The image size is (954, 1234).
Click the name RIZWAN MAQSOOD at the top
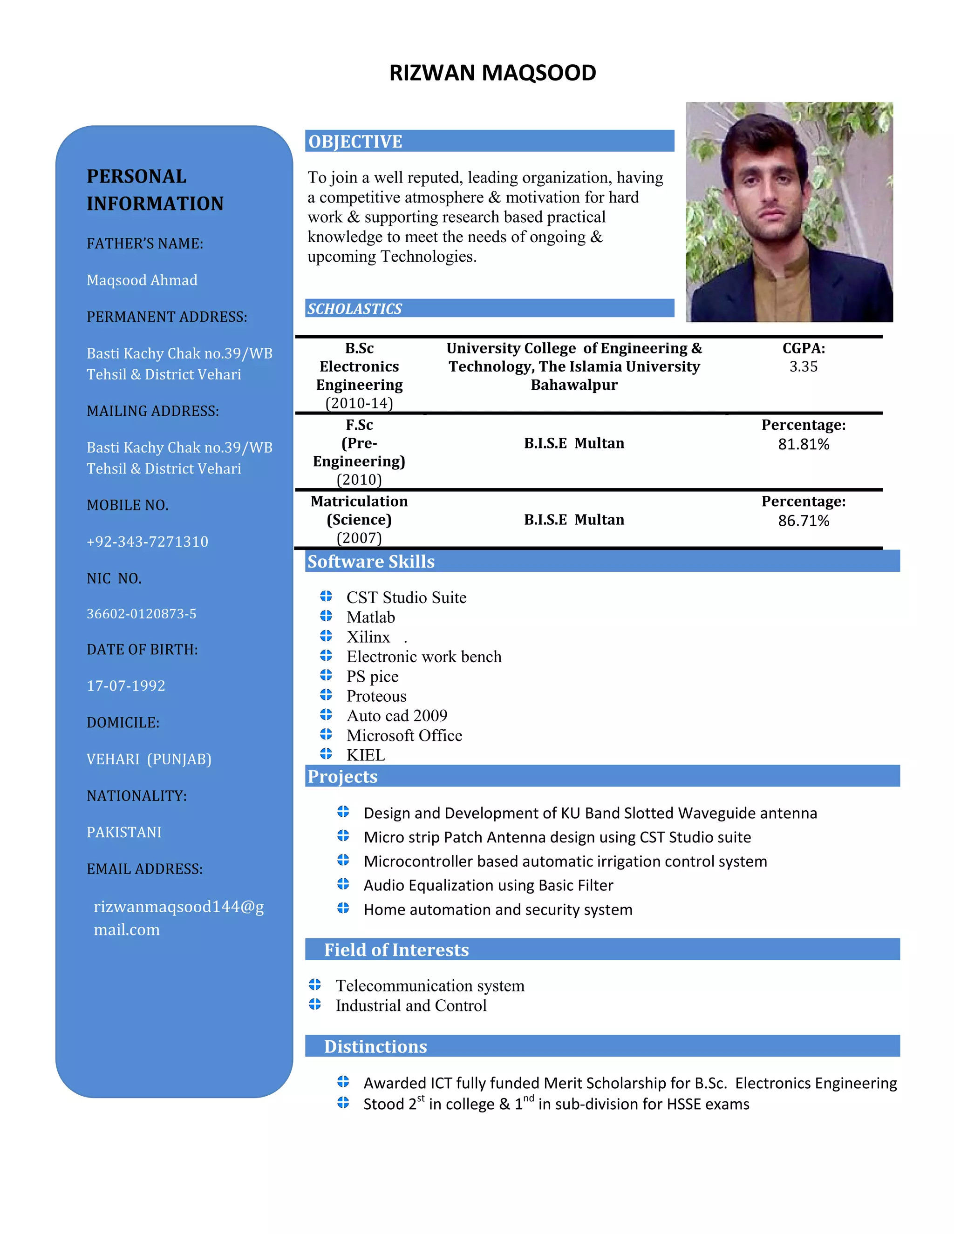click(x=492, y=73)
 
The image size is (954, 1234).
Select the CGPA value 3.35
click(x=803, y=366)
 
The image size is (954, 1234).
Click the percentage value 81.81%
click(x=803, y=445)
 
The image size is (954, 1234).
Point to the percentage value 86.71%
click(x=803, y=521)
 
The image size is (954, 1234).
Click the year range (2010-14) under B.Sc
click(x=359, y=403)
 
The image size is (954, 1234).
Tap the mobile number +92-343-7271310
click(x=148, y=542)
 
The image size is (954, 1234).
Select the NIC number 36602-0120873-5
click(x=141, y=614)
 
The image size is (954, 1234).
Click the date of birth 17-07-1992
click(x=126, y=686)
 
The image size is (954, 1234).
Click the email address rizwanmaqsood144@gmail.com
click(x=178, y=918)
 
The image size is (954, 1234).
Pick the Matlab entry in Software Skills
click(x=371, y=617)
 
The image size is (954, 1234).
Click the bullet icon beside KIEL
click(x=326, y=754)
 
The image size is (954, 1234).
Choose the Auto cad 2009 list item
click(x=397, y=716)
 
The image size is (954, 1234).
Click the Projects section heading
click(x=342, y=776)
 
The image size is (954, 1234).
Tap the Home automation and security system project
click(x=497, y=910)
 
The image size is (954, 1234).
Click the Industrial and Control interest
click(x=411, y=1006)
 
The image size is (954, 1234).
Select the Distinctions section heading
click(x=375, y=1046)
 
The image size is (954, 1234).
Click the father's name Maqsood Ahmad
click(x=142, y=280)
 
